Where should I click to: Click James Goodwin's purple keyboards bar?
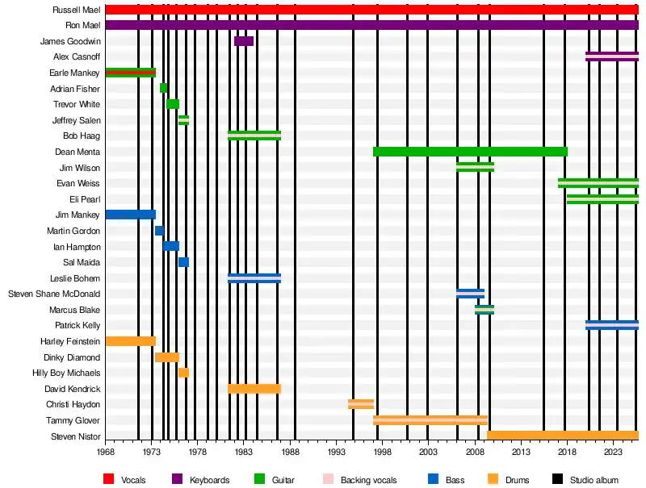click(x=244, y=41)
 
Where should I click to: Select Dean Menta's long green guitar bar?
click(x=470, y=152)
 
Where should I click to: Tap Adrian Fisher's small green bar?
click(x=164, y=89)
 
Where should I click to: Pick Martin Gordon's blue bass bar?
click(x=159, y=231)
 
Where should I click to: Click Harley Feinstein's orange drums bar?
click(x=130, y=341)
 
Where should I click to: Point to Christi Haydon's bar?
click(x=361, y=404)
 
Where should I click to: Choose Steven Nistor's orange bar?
click(x=562, y=436)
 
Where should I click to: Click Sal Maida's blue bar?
click(x=183, y=262)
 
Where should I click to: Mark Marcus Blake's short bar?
click(x=484, y=310)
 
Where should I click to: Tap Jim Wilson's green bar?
click(x=475, y=167)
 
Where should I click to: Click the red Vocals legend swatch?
click(x=109, y=480)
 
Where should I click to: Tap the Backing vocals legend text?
click(x=368, y=481)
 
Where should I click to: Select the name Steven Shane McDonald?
click(x=54, y=294)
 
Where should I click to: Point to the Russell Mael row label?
click(x=76, y=10)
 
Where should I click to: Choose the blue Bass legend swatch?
click(x=434, y=480)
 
